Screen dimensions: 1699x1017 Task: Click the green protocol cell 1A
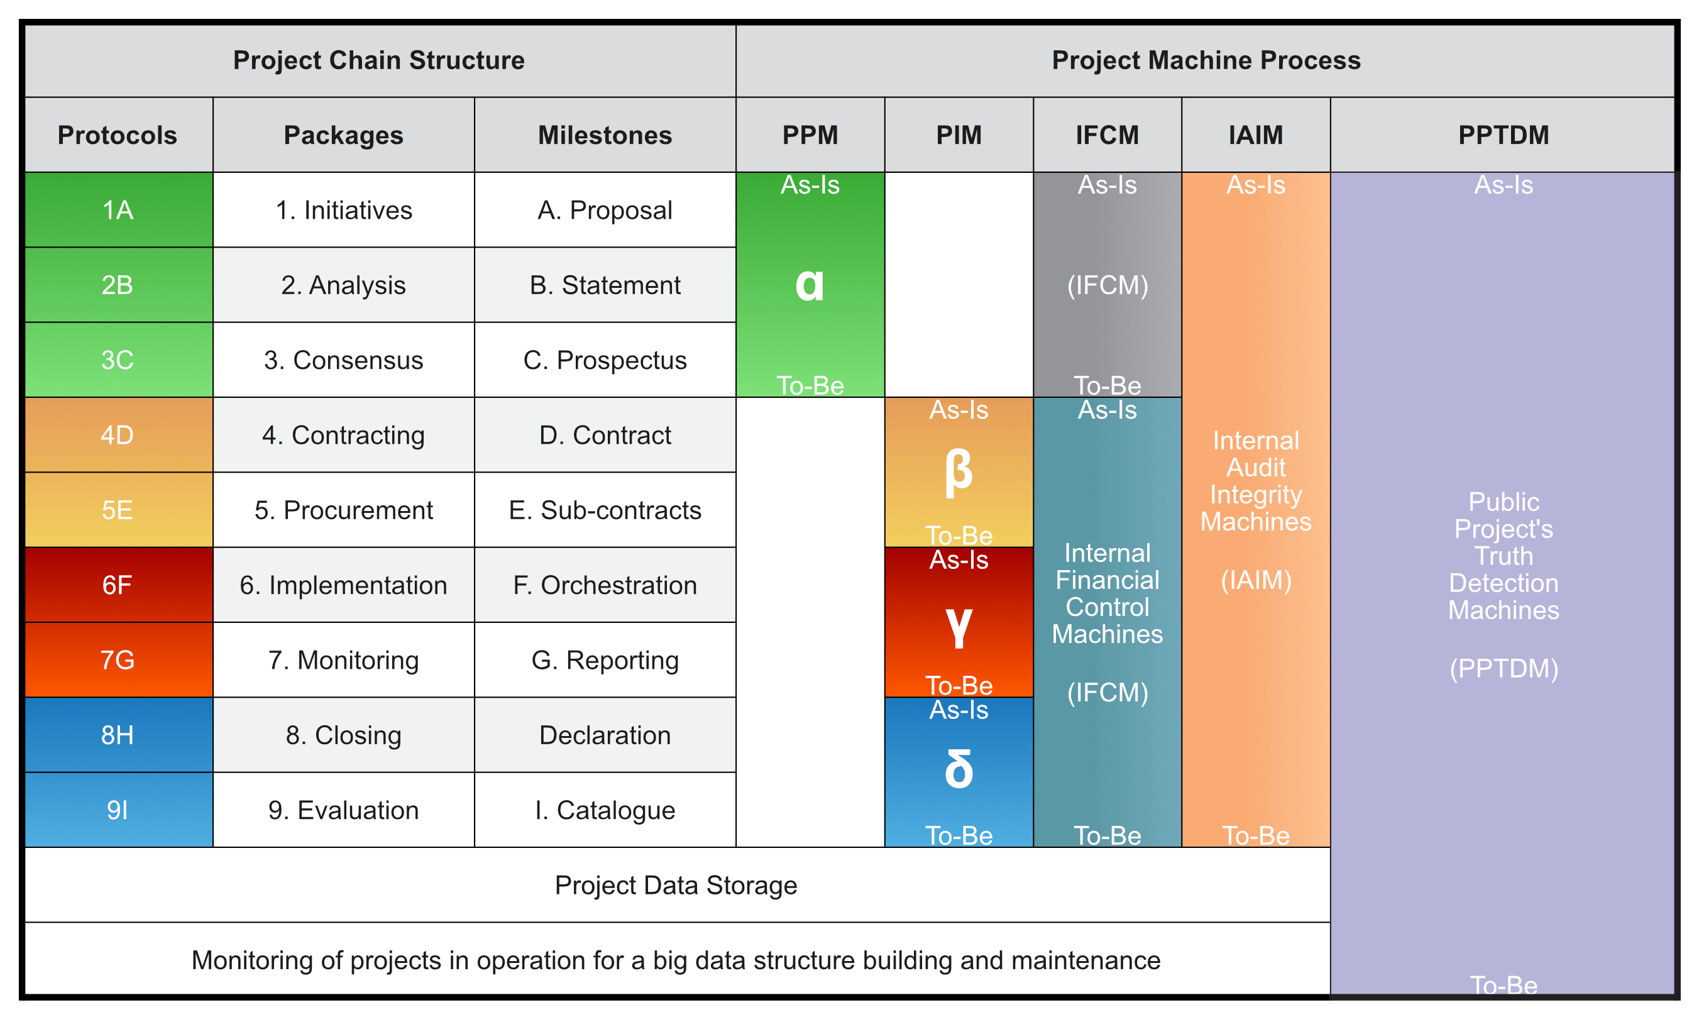tap(119, 210)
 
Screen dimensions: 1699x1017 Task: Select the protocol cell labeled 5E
tap(119, 510)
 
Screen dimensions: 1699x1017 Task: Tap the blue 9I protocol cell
tap(119, 810)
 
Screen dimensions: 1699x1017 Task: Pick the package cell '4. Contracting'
tap(343, 435)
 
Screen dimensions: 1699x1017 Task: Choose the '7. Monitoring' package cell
tap(343, 660)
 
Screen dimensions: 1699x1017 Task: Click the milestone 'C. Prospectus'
tap(605, 360)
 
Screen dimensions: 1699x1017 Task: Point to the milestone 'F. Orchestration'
tap(605, 585)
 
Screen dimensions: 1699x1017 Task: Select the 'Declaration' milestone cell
tap(605, 735)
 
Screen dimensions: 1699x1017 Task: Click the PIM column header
tap(959, 135)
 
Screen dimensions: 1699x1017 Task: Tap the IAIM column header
tap(1256, 135)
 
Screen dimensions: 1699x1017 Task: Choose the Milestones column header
tap(605, 135)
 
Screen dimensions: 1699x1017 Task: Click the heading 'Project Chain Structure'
tap(379, 60)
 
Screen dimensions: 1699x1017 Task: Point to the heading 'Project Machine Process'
tap(1206, 60)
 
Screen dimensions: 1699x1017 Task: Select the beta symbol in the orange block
tap(959, 472)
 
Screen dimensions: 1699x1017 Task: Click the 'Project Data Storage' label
tap(676, 886)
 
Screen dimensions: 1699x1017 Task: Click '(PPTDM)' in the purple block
tap(1504, 668)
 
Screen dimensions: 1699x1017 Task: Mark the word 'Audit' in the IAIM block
tap(1256, 468)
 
